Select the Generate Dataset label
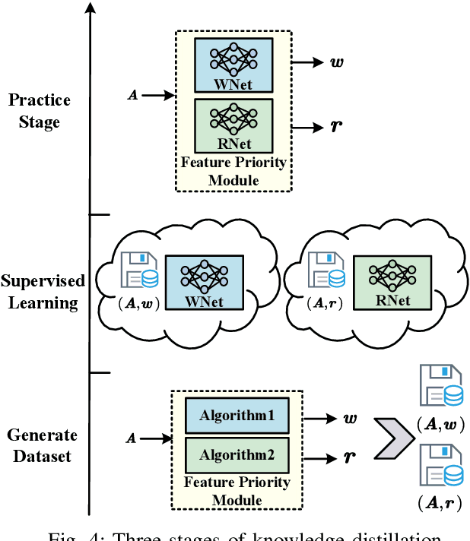[43, 446]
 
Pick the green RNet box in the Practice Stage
[231, 125]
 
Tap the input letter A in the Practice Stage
[132, 96]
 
